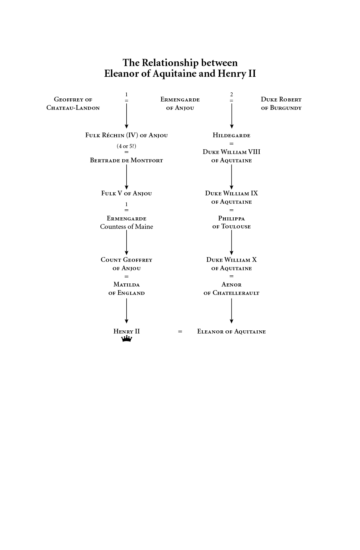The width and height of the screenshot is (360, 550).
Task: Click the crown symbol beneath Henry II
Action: (x=127, y=339)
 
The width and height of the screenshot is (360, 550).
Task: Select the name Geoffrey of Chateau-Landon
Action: (x=73, y=103)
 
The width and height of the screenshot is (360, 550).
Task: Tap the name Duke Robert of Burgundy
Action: (x=281, y=103)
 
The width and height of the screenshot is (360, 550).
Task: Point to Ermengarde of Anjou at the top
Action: (x=180, y=103)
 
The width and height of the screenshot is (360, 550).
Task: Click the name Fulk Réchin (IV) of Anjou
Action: (x=127, y=135)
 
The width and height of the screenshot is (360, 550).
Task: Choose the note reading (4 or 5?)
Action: (x=127, y=146)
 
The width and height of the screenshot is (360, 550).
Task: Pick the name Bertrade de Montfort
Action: (x=127, y=160)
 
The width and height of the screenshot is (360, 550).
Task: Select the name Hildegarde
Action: (x=231, y=135)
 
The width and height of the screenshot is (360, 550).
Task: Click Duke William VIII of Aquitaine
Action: (x=231, y=156)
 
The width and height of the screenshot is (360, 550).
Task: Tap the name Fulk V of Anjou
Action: (x=127, y=193)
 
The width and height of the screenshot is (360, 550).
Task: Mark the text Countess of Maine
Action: (x=127, y=227)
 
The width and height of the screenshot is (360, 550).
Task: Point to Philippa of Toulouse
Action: (x=231, y=222)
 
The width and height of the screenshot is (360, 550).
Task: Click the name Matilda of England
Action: (x=127, y=289)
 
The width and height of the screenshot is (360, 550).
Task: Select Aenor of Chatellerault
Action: (x=231, y=289)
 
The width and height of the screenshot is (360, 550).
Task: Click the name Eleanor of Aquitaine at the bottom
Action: (x=231, y=332)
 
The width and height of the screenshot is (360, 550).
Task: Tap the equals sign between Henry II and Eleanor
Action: (x=180, y=332)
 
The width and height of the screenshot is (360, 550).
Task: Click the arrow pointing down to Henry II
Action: (x=127, y=311)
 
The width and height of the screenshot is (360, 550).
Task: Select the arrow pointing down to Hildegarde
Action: (x=231, y=116)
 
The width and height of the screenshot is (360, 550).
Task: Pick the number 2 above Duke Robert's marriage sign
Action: (x=231, y=94)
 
